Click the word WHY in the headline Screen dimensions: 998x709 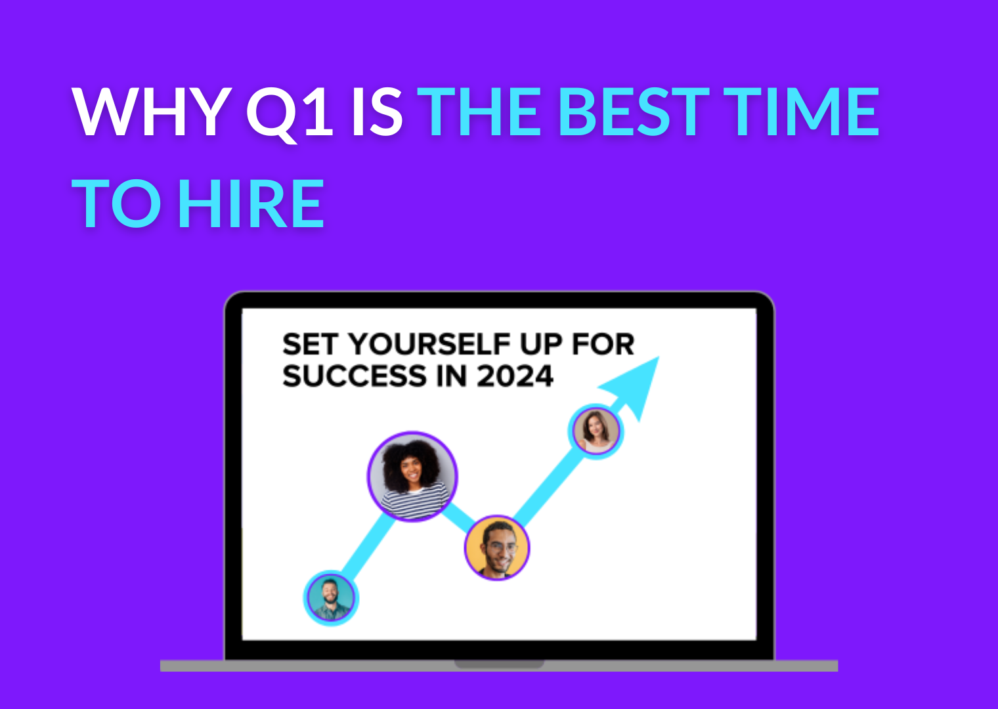coord(152,112)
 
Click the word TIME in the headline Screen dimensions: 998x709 coord(800,112)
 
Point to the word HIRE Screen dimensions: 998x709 coord(251,203)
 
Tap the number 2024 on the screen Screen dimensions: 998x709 coord(515,376)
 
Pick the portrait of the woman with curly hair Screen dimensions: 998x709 coord(412,477)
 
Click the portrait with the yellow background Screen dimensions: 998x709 coord(497,548)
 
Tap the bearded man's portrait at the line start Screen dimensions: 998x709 coord(331,598)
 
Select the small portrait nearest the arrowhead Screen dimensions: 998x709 coord(596,431)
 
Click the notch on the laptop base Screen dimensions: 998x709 coord(499,664)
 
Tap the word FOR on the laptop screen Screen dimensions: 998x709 coord(603,344)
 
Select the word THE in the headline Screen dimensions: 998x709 coord(479,112)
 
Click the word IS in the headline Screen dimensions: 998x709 coord(378,112)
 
